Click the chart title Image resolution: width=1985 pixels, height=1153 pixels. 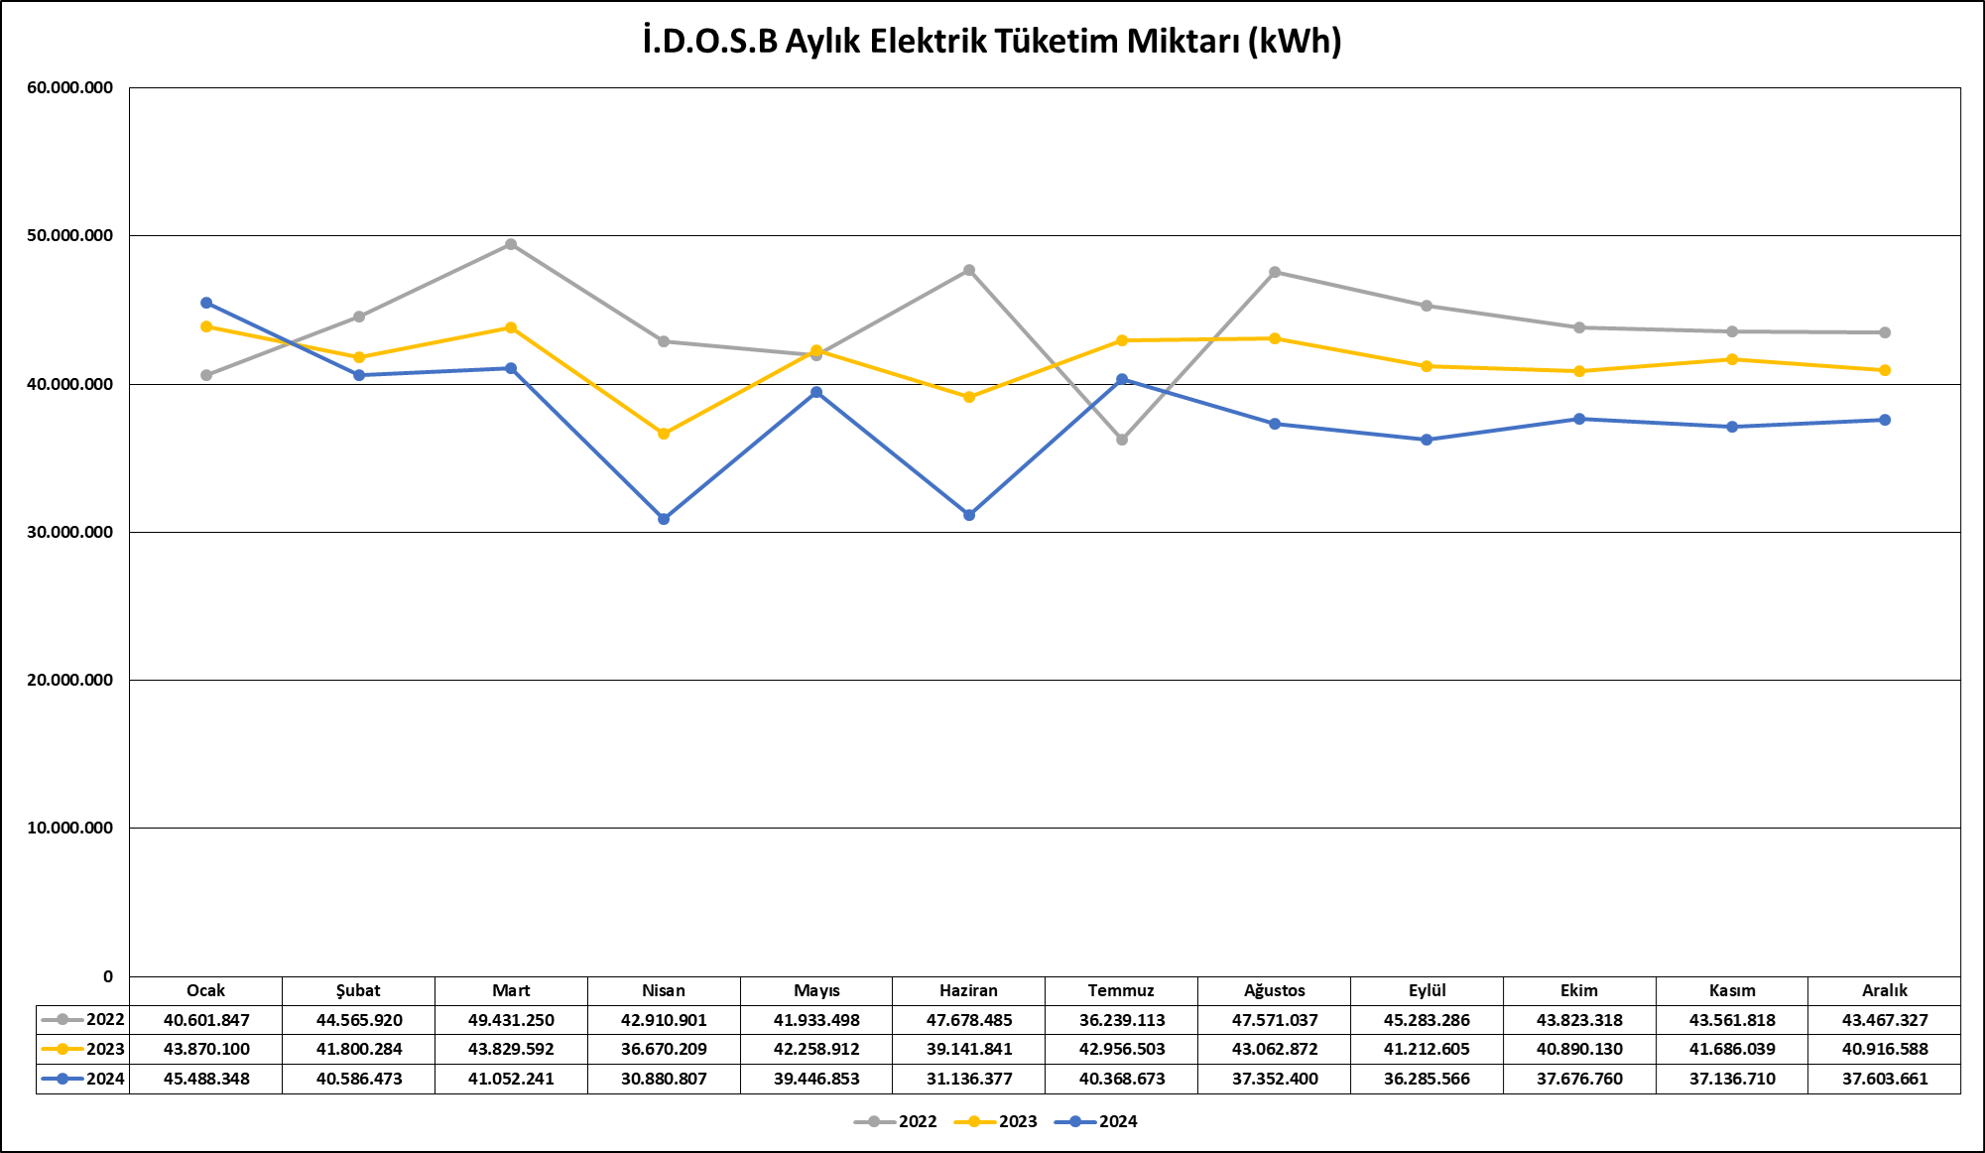click(x=992, y=42)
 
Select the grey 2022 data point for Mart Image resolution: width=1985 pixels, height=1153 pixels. click(x=511, y=244)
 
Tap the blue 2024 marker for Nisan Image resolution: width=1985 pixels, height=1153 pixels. click(x=664, y=519)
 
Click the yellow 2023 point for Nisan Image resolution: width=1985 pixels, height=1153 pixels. click(x=664, y=434)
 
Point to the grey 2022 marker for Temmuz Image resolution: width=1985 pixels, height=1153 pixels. click(x=1122, y=440)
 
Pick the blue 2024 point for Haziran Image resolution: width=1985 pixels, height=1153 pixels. click(x=969, y=515)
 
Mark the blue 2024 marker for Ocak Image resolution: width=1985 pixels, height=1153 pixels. click(x=206, y=303)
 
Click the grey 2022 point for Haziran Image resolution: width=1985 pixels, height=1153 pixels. click(x=969, y=270)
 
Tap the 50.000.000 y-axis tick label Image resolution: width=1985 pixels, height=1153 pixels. click(x=70, y=236)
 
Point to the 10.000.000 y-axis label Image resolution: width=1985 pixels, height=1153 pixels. click(x=70, y=828)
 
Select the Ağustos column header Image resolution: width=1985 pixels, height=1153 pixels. click(x=1275, y=990)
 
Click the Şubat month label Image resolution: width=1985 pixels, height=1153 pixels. click(x=358, y=990)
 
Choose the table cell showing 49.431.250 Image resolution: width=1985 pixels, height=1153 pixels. click(x=511, y=1020)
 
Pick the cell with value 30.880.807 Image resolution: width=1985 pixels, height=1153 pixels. click(x=664, y=1079)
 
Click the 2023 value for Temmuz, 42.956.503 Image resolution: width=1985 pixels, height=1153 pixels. click(x=1122, y=1049)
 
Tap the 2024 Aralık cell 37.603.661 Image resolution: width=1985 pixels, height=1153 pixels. click(x=1885, y=1079)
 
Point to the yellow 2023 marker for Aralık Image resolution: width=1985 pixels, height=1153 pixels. click(x=1885, y=370)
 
